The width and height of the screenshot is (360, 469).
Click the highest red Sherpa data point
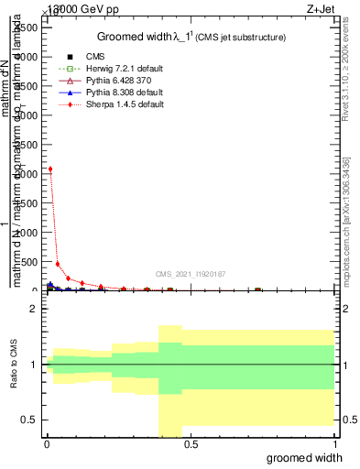50,169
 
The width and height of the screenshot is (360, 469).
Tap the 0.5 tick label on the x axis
191,443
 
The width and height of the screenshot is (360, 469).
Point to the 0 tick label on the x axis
46,443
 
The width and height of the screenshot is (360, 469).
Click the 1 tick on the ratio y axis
34,365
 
